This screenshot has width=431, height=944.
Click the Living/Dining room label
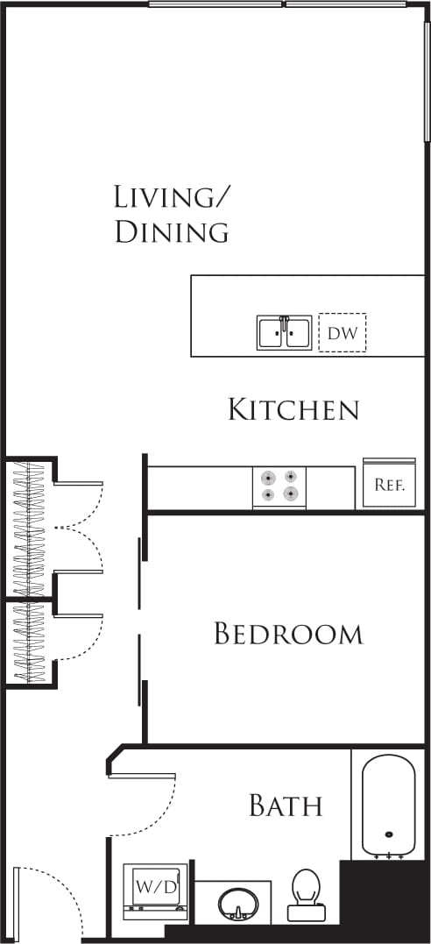coord(172,214)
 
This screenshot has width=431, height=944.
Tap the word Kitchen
coord(293,409)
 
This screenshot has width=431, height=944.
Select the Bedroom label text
coord(288,634)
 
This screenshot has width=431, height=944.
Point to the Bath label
coord(286,806)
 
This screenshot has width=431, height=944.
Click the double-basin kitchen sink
coord(283,333)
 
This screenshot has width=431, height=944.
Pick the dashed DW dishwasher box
coord(342,333)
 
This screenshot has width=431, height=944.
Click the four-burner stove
coord(279,486)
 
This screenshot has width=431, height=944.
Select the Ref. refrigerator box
coord(389,484)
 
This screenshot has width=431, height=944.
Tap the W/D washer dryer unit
coord(155,889)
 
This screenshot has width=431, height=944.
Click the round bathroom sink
coord(237,904)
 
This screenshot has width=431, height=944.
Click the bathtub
coord(389,805)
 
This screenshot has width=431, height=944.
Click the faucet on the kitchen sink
coord(283,323)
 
